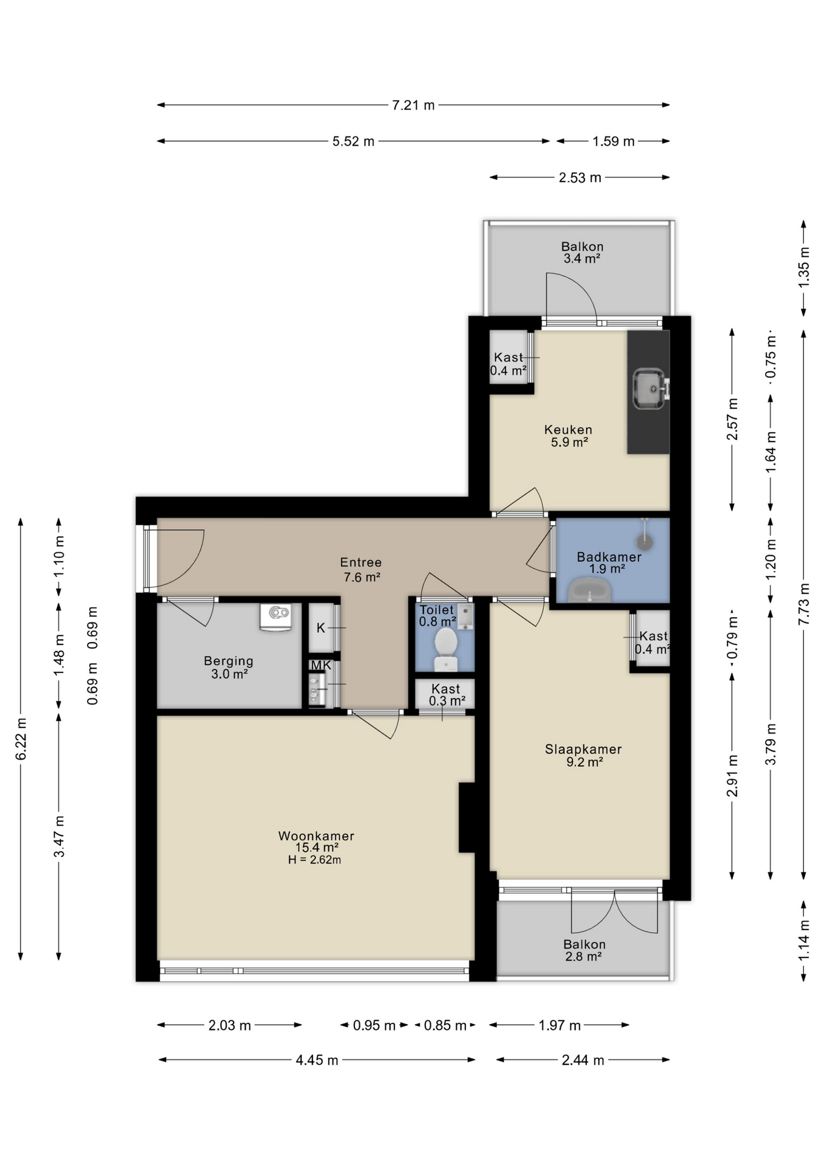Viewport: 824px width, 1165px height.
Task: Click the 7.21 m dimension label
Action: pyautogui.click(x=413, y=105)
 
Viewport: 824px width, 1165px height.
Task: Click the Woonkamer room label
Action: pyautogui.click(x=316, y=836)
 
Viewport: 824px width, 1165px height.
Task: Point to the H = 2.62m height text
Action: pyautogui.click(x=314, y=860)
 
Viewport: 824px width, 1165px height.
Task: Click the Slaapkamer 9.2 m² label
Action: pyautogui.click(x=583, y=755)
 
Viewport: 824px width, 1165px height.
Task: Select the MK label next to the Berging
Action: pyautogui.click(x=321, y=665)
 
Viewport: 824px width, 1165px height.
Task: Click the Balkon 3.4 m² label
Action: pyautogui.click(x=582, y=252)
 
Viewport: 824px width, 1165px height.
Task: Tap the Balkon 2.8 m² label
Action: pyautogui.click(x=584, y=950)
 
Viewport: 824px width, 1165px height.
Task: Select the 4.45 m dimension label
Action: pyautogui.click(x=317, y=1060)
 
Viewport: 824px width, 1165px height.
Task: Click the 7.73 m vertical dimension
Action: pyautogui.click(x=804, y=604)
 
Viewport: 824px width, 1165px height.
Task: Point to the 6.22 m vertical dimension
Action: pyautogui.click(x=21, y=739)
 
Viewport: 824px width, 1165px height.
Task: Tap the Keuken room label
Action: pyautogui.click(x=568, y=430)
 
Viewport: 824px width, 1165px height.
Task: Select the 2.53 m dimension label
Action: pyautogui.click(x=580, y=178)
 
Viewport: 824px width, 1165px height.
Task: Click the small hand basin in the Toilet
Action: pyautogui.click(x=465, y=616)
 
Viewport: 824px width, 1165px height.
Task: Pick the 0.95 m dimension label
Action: pyautogui.click(x=374, y=1025)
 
